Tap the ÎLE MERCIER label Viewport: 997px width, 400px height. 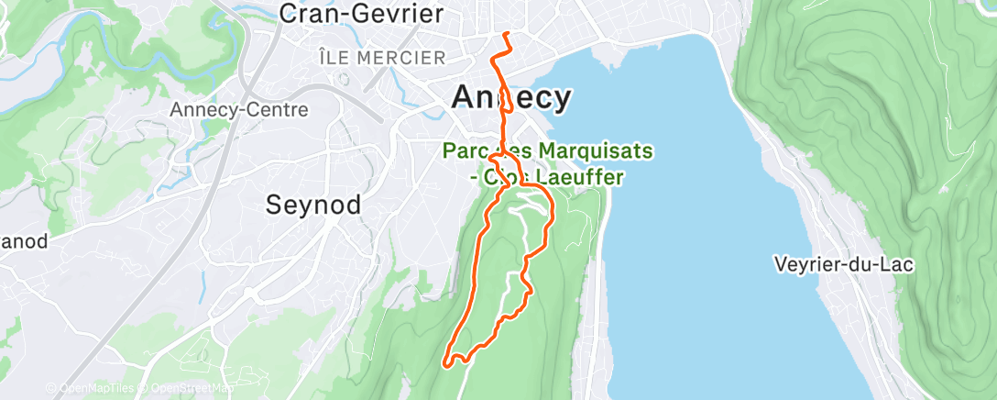coord(382,58)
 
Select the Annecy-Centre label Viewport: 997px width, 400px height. coord(239,109)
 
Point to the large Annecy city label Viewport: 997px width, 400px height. coord(511,96)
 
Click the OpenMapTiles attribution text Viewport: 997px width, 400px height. coord(92,389)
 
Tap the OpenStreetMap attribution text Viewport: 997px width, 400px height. coord(188,389)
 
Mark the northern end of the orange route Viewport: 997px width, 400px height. coord(507,34)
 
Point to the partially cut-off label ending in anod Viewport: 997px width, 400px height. coord(24,242)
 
